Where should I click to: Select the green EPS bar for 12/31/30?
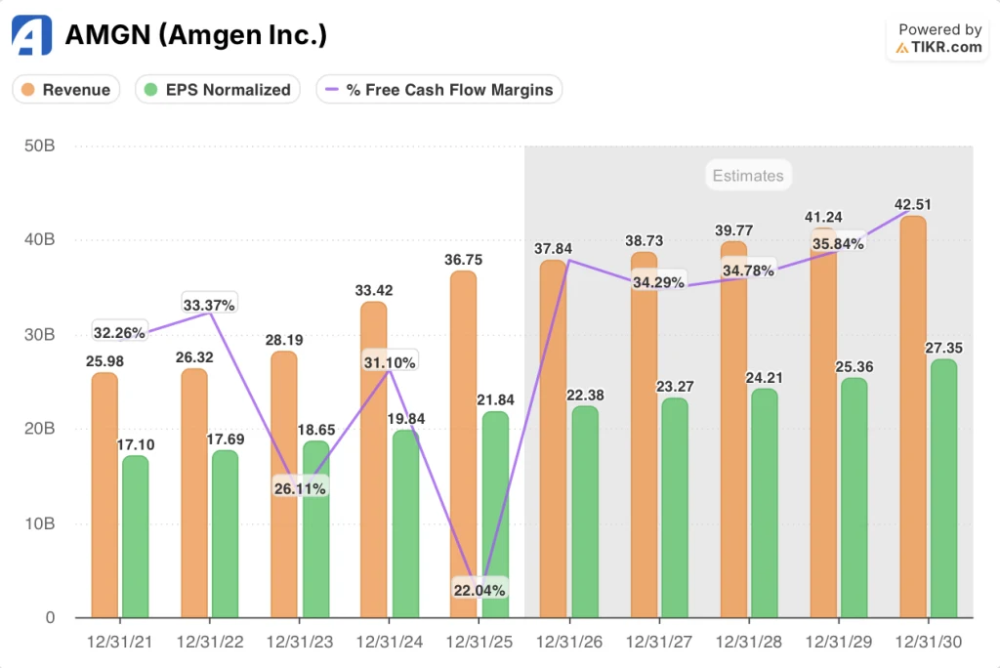tap(943, 488)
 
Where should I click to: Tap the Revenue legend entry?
tap(65, 90)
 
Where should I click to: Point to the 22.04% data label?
tap(479, 590)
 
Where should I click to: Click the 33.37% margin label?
tap(209, 305)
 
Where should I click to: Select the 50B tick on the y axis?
tap(39, 146)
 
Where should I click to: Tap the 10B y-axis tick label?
tap(39, 523)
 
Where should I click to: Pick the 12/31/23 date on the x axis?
tap(299, 645)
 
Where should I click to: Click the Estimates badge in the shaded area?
tap(747, 176)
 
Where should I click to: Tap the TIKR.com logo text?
tap(947, 47)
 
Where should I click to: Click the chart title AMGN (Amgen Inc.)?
tap(195, 35)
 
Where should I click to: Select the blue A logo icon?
tap(30, 35)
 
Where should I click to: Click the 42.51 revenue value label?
tap(912, 204)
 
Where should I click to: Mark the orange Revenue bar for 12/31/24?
tap(374, 459)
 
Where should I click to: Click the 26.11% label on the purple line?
tap(299, 487)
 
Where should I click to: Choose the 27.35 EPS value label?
tap(943, 347)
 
